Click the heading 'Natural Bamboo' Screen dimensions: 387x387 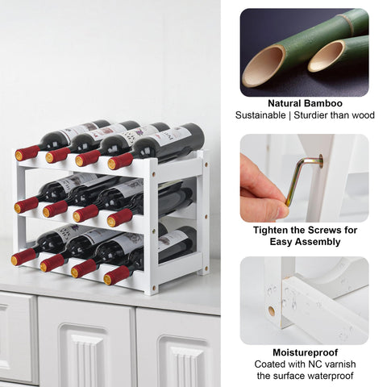tap(305, 103)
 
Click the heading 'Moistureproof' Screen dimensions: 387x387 tap(305, 352)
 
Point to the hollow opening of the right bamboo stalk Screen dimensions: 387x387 tap(326, 56)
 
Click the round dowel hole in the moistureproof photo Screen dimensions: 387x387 tap(271, 310)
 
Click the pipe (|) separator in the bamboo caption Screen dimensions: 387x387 tap(295, 115)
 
